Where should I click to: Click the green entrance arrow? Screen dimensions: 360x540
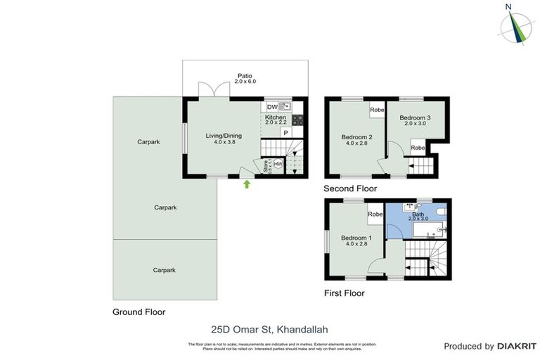247,185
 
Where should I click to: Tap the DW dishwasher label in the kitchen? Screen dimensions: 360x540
271,107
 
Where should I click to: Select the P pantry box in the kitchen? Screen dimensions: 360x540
286,132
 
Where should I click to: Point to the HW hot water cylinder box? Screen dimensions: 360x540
278,165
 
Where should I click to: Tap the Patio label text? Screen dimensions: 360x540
245,75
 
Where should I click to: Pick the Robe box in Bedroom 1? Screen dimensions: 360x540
375,214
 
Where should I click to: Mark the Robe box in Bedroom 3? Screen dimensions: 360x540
418,148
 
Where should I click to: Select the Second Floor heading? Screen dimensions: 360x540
349,188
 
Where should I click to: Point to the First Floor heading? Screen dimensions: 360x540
344,293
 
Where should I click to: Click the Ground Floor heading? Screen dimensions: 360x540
139,311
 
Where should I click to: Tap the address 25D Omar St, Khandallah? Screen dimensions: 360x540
269,328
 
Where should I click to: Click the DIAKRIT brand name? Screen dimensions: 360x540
517,346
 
